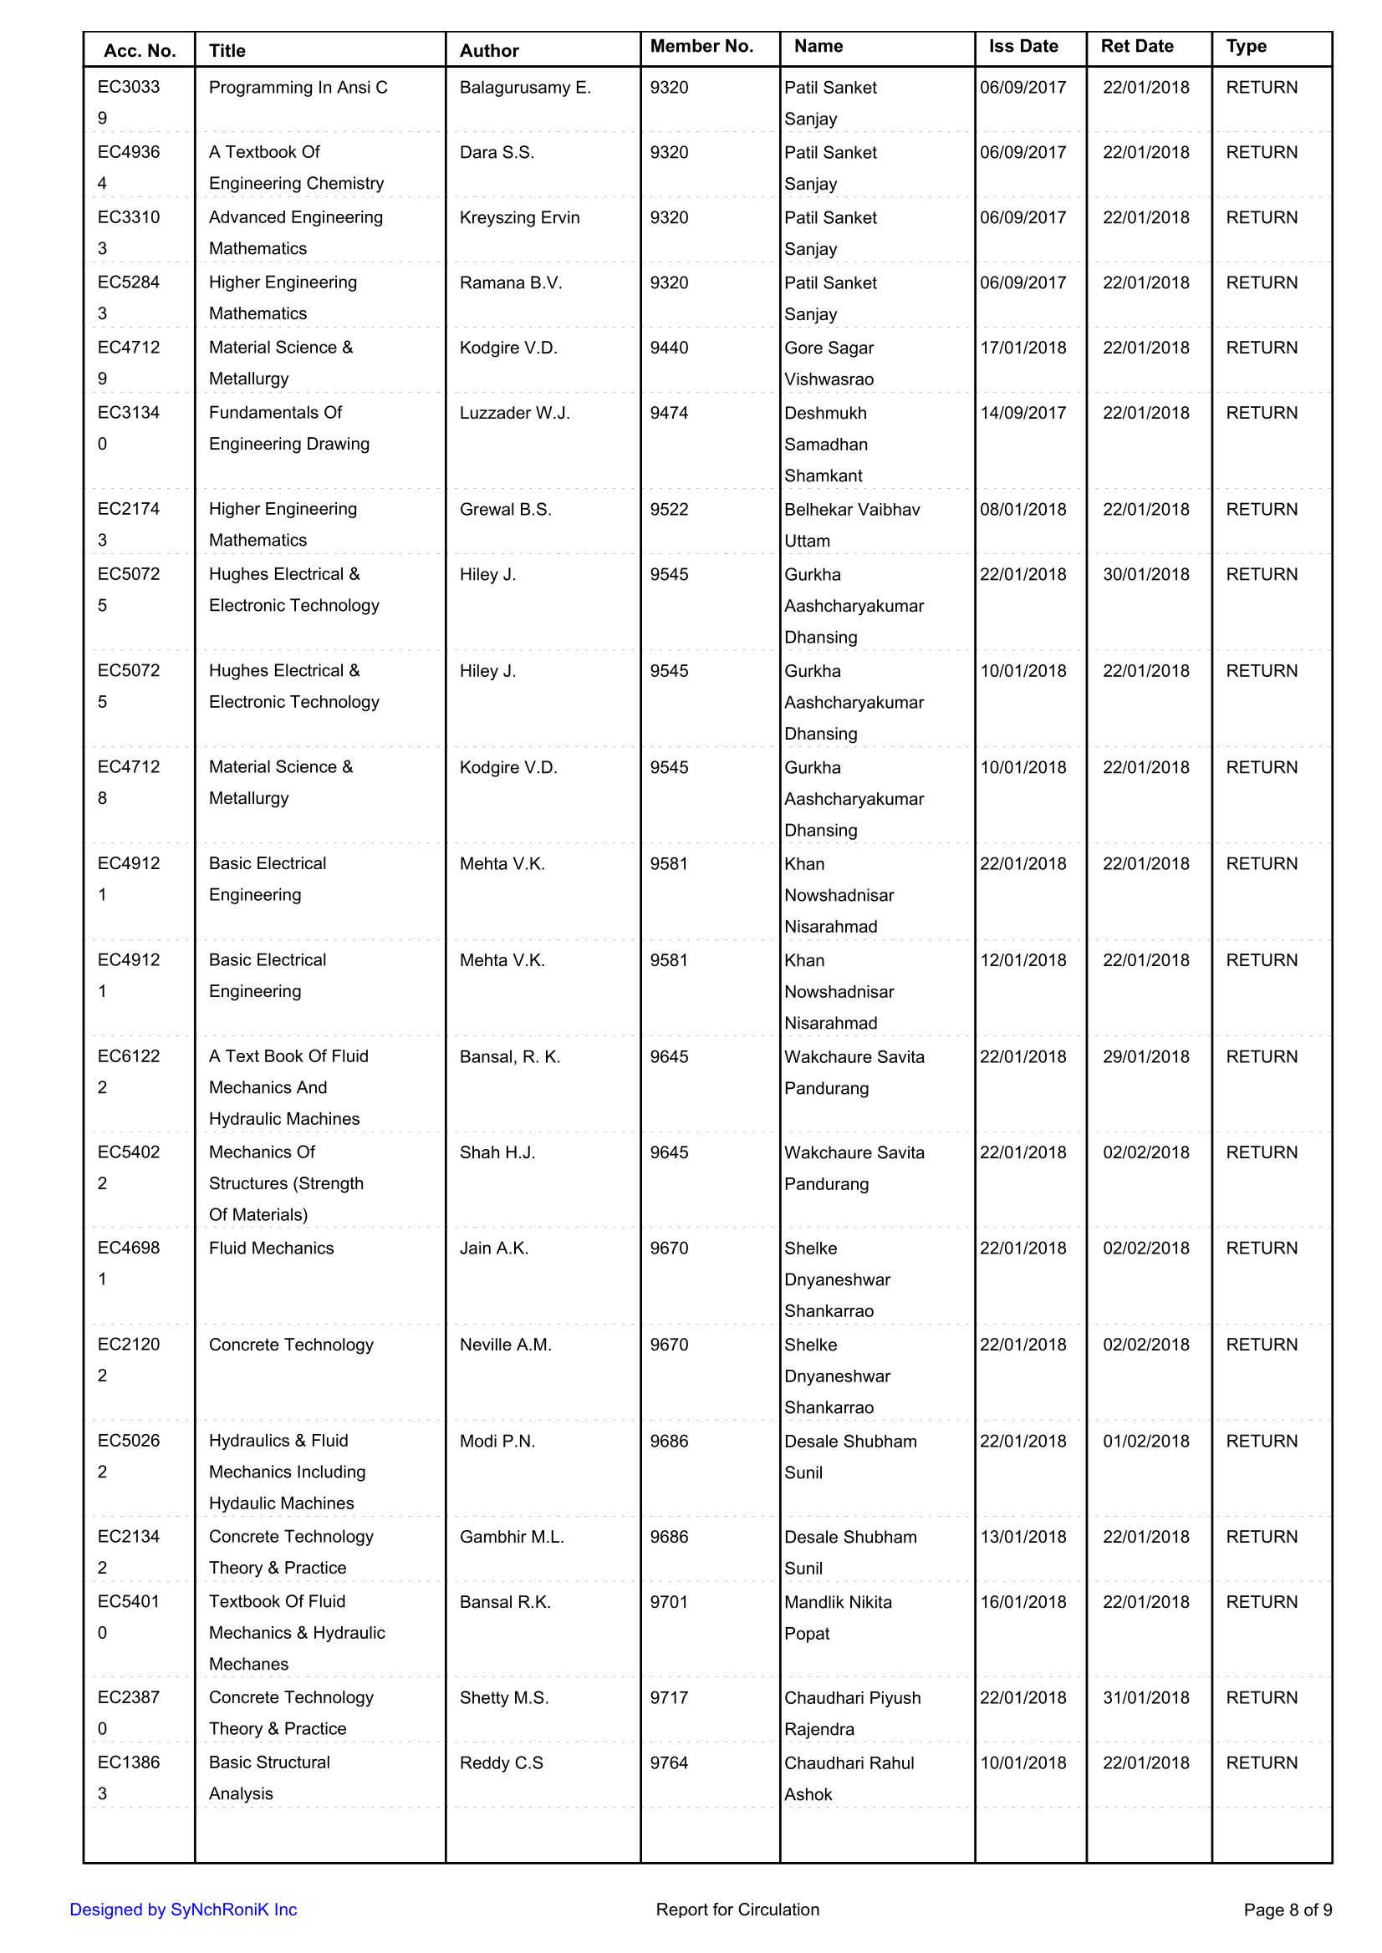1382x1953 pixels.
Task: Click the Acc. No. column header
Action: [x=140, y=50]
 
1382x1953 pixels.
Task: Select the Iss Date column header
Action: [x=1022, y=46]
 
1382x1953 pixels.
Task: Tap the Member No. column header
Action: [x=701, y=46]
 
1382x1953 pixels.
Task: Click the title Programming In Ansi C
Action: [x=298, y=88]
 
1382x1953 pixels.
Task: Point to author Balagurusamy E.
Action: [x=524, y=88]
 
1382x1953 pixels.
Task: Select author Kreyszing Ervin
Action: [x=519, y=218]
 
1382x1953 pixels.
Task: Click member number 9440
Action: [x=669, y=348]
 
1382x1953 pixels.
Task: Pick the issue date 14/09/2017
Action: [x=1022, y=413]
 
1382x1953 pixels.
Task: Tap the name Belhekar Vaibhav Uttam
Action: [x=851, y=525]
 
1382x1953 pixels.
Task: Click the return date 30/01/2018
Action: [x=1145, y=574]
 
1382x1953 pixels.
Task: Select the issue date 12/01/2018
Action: [x=1022, y=960]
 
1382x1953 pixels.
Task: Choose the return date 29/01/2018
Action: [x=1145, y=1056]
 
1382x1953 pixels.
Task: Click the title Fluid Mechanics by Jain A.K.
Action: [x=272, y=1248]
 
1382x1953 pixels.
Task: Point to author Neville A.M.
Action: [x=506, y=1345]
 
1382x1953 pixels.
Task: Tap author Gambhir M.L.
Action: [x=512, y=1537]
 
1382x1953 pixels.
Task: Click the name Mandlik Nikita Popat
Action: [x=838, y=1617]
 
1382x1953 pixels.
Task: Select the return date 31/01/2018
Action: [x=1145, y=1698]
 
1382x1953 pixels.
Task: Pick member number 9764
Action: [x=669, y=1762]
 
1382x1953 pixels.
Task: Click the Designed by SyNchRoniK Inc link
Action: [x=183, y=1910]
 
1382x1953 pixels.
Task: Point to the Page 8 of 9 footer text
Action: [x=1288, y=1910]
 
